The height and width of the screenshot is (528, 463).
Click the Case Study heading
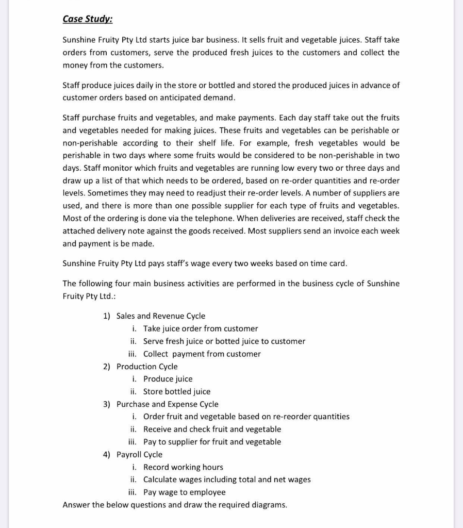click(87, 19)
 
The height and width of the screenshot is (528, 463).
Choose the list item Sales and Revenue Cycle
click(160, 316)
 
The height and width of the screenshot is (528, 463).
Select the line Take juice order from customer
click(200, 328)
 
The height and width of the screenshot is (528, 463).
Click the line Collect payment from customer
click(202, 354)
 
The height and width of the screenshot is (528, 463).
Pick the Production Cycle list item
click(147, 367)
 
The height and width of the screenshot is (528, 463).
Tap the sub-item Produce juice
click(168, 379)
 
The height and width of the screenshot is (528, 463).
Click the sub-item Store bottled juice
click(176, 391)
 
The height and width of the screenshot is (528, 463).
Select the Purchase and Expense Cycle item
click(167, 404)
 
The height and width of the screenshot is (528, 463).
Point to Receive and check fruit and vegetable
click(212, 429)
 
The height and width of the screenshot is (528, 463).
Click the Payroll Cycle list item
click(139, 454)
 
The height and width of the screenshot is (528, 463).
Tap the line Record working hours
click(183, 467)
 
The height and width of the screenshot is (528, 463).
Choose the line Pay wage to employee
click(184, 492)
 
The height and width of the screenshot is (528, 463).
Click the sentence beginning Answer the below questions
click(174, 505)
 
